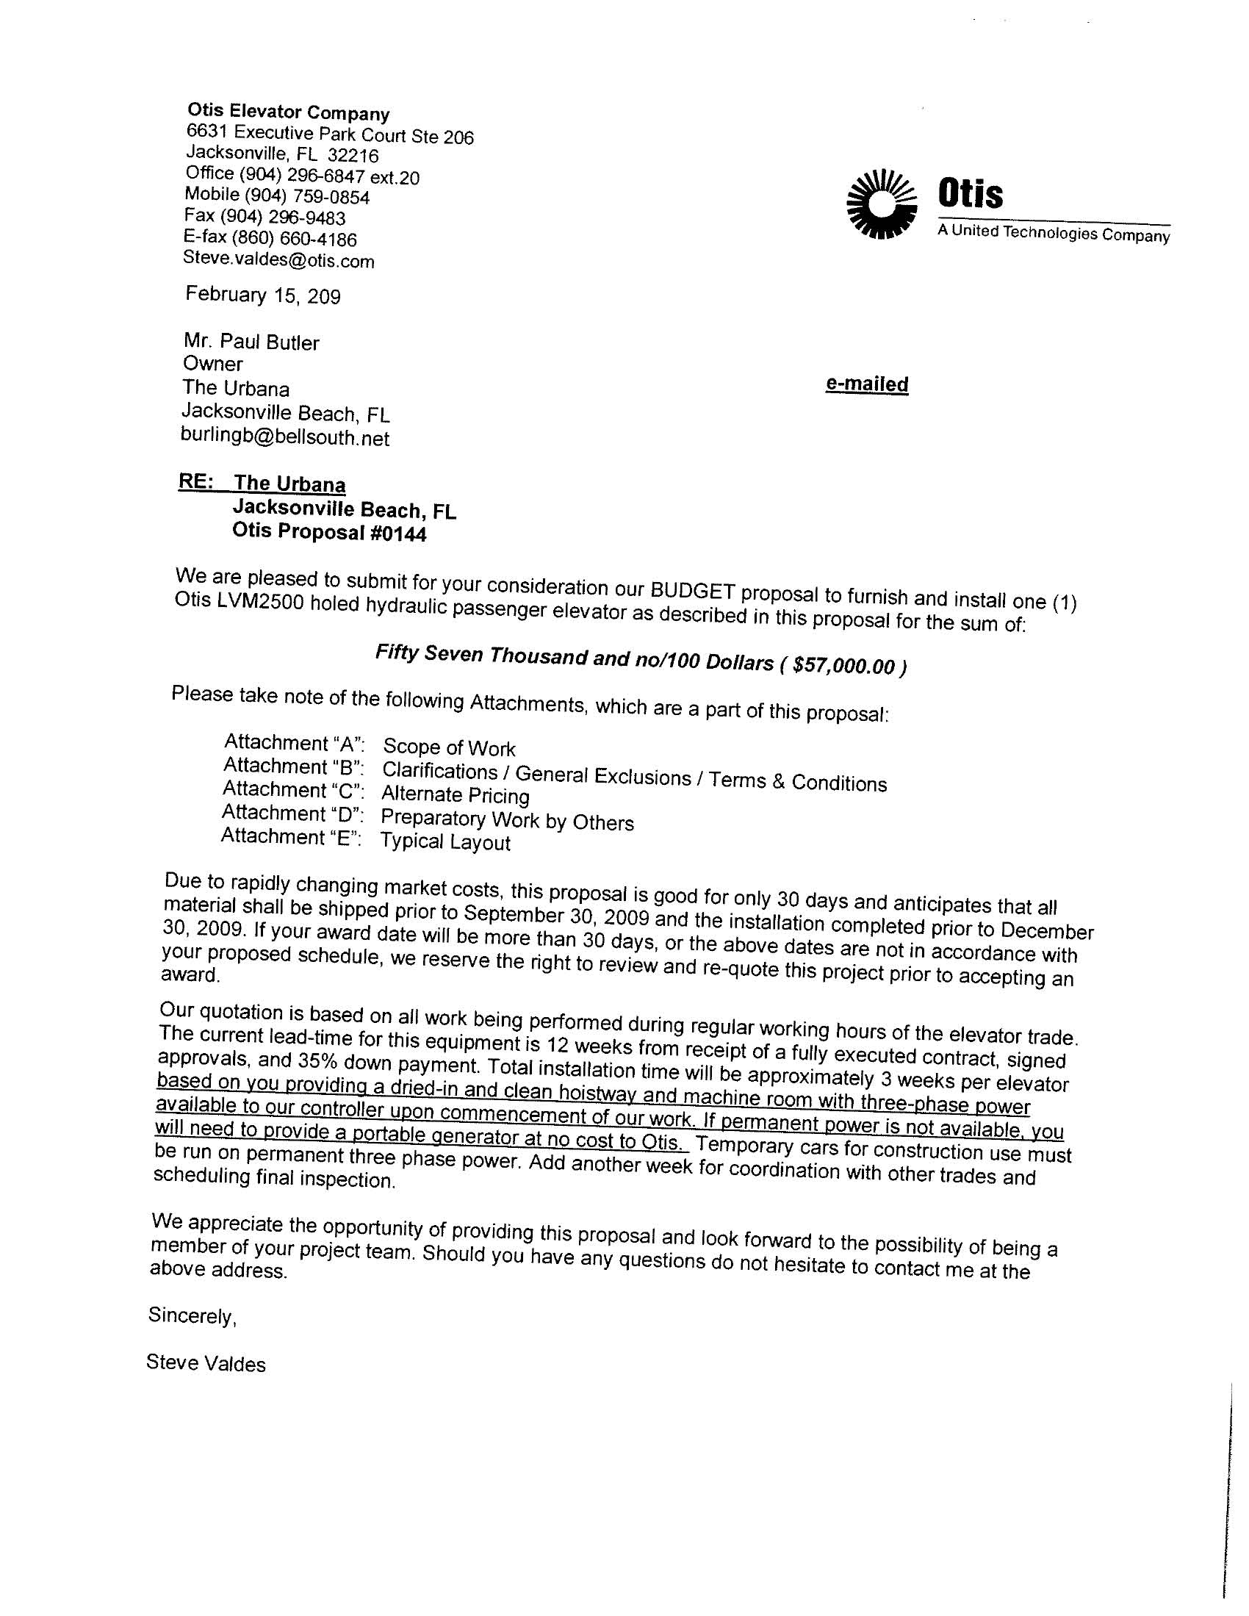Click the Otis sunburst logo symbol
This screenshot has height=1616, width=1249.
point(881,204)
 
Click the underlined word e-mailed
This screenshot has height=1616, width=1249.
point(866,384)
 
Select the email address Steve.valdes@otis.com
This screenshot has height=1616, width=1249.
point(278,259)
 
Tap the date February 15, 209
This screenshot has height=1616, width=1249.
point(263,295)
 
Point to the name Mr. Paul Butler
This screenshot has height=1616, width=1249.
point(251,342)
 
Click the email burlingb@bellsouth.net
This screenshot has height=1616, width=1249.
point(285,437)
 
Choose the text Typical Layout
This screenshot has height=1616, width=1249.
point(444,842)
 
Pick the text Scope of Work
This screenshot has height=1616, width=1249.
point(448,748)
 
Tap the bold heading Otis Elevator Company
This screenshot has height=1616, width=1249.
point(288,112)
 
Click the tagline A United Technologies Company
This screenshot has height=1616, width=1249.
point(1053,234)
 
